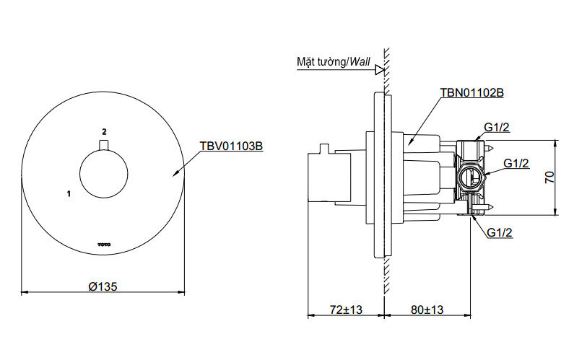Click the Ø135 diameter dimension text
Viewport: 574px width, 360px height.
pos(103,286)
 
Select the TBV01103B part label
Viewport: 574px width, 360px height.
pos(231,146)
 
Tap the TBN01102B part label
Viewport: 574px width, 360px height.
pos(471,93)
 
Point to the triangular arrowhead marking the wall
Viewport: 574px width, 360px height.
pos(378,70)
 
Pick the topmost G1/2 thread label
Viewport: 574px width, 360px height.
pos(498,127)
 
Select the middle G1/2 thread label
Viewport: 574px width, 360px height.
pos(516,164)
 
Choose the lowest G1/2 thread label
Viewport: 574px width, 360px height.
pos(500,232)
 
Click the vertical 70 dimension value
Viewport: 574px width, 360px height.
pos(549,177)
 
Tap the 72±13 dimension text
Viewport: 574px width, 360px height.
pos(346,309)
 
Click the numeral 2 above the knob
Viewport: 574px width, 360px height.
pos(104,131)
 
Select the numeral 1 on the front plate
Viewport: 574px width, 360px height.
pos(68,193)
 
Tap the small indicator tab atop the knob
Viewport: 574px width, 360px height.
pos(104,146)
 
